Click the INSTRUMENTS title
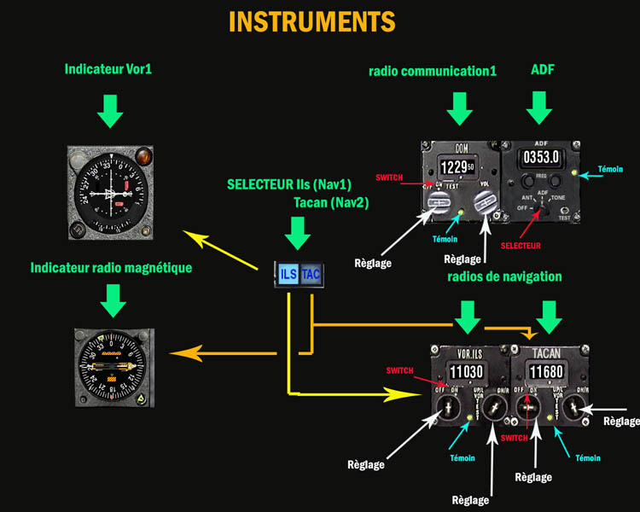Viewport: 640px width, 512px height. point(311,21)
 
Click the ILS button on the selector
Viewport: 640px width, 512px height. point(288,274)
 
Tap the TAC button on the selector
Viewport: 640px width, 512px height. point(310,274)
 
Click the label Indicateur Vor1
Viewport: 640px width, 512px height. point(108,69)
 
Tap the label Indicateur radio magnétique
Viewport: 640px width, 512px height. point(111,268)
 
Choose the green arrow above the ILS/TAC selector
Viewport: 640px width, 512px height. point(297,232)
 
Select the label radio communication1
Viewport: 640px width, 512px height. point(433,70)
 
